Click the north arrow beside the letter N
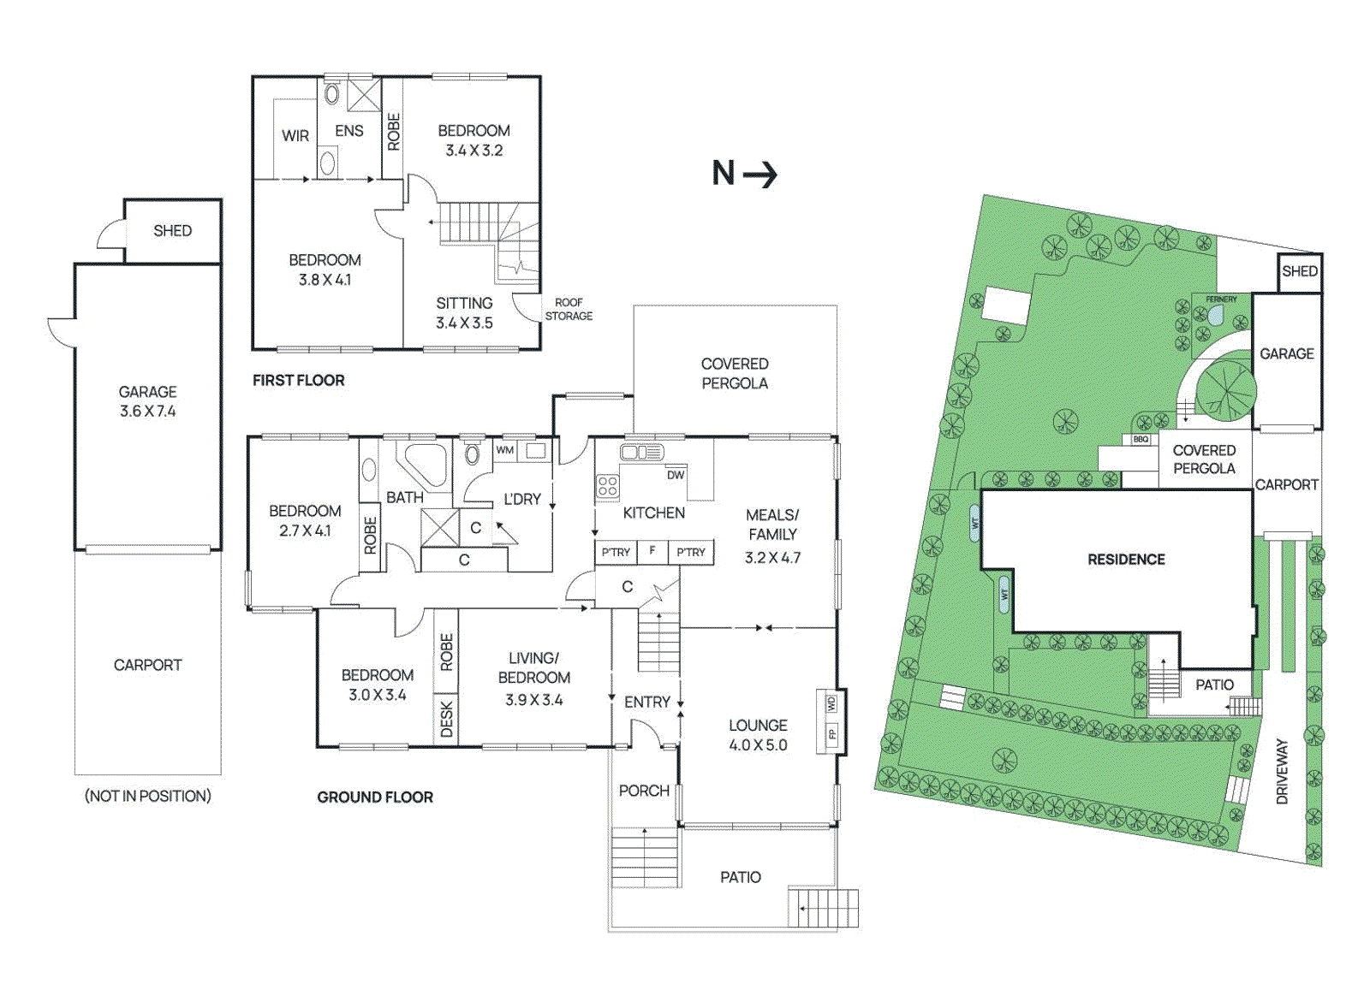(x=760, y=175)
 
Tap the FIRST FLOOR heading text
(x=298, y=380)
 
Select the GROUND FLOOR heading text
(x=375, y=797)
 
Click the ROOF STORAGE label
(x=569, y=309)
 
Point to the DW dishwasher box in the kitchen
(x=676, y=475)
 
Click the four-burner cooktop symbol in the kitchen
(x=608, y=487)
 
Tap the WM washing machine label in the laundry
(x=505, y=450)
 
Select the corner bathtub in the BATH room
(x=423, y=464)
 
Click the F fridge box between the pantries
(x=652, y=551)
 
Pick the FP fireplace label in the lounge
(x=831, y=733)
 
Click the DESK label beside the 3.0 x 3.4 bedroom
(x=446, y=719)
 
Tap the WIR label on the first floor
(x=295, y=135)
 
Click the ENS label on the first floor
(x=348, y=131)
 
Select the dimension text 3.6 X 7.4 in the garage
(x=147, y=411)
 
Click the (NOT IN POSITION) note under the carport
(x=147, y=796)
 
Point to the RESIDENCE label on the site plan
(x=1126, y=560)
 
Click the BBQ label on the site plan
(x=1141, y=439)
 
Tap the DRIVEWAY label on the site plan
(x=1282, y=772)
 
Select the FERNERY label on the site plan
(x=1221, y=299)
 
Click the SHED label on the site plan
(x=1299, y=271)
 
